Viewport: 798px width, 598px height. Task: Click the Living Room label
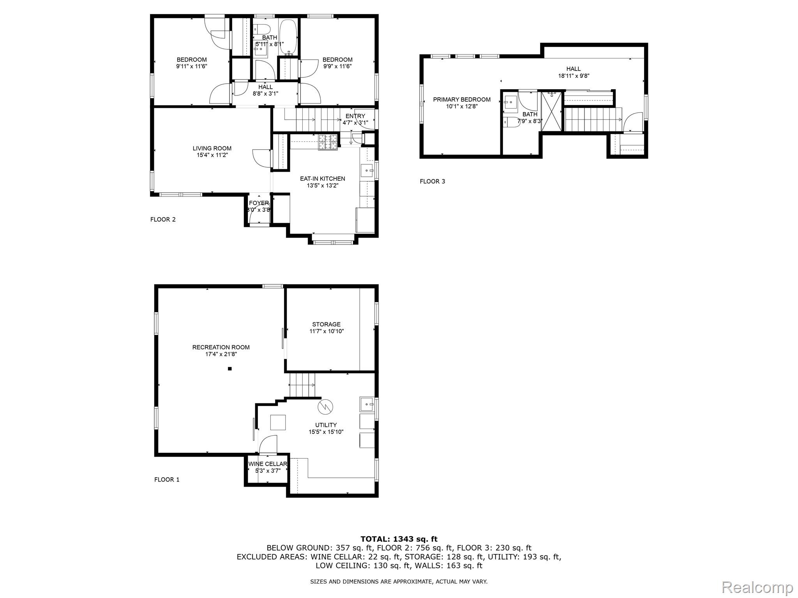(212, 148)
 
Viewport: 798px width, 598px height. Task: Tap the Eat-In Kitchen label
(322, 179)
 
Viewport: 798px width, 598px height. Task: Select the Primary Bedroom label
(462, 100)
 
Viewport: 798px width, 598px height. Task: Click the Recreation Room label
(221, 347)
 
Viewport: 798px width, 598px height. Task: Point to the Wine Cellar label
(268, 464)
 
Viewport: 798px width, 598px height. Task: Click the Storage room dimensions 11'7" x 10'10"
(327, 331)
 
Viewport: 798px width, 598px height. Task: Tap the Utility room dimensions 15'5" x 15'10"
(326, 432)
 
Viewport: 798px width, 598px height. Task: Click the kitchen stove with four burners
(328, 142)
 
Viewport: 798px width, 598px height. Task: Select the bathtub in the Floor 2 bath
(289, 37)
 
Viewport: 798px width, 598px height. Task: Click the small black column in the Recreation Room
(230, 369)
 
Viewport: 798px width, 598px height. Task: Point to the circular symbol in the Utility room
(326, 407)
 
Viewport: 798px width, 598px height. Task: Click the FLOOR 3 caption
(432, 181)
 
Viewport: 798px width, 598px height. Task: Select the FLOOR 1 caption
(167, 480)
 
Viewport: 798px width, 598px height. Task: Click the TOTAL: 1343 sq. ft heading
(399, 539)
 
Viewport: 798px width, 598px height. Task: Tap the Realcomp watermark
(757, 587)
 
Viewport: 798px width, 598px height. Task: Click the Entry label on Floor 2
(355, 116)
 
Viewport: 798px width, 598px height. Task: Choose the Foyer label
(259, 203)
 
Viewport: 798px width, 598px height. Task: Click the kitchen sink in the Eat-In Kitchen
(367, 171)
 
